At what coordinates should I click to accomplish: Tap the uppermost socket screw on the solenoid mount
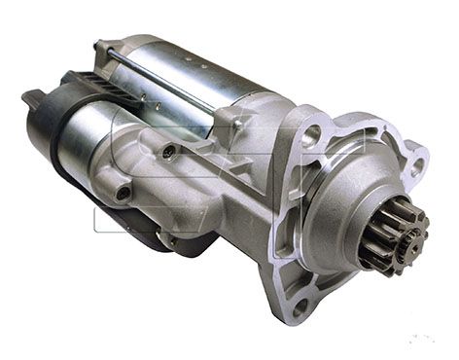pyautogui.click(x=169, y=151)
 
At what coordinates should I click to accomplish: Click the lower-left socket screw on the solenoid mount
pyautogui.click(x=123, y=193)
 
